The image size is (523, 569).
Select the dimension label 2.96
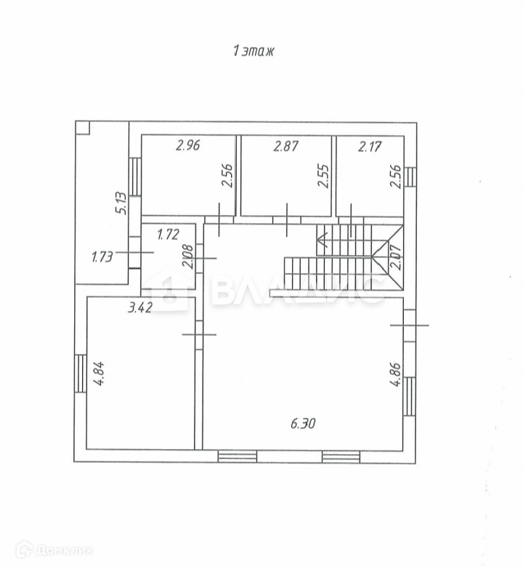coord(187,145)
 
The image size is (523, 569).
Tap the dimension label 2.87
coord(285,145)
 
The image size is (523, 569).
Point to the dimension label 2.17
coord(370,145)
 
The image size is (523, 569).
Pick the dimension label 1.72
coord(168,235)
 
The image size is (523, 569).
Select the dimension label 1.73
coord(102,256)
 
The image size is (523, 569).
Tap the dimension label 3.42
coord(139,307)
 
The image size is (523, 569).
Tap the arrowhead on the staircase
coord(322,235)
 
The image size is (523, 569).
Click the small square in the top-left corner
coord(82,128)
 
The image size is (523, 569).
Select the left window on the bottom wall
coord(238,456)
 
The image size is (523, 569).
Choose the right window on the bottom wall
coord(341,456)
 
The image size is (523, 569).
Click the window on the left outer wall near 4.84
coord(79,373)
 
